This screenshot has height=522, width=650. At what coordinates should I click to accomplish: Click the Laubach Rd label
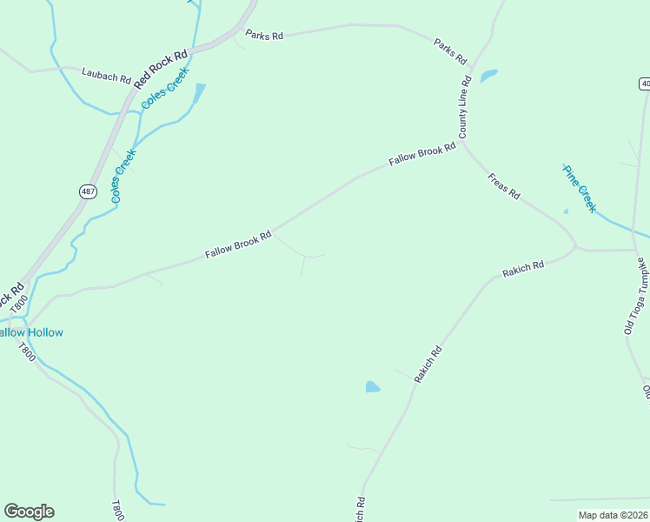(x=106, y=75)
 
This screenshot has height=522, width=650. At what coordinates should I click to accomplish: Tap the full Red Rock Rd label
(x=162, y=68)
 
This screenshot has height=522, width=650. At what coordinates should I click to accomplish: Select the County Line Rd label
(x=464, y=107)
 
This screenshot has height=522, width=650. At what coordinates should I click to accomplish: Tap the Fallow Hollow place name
(x=31, y=332)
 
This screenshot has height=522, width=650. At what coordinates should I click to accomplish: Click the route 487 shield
(x=88, y=191)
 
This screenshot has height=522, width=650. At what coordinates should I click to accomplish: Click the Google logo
(x=29, y=512)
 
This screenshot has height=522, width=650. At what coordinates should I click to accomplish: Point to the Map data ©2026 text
(x=613, y=515)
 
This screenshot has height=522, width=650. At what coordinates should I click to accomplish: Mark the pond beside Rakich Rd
(x=373, y=386)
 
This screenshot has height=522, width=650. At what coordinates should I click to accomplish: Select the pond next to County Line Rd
(x=488, y=76)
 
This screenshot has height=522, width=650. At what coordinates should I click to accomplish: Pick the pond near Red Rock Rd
(x=200, y=92)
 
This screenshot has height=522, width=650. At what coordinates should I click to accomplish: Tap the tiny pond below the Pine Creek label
(x=566, y=211)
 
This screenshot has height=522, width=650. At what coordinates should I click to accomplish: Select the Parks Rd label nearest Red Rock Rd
(x=264, y=36)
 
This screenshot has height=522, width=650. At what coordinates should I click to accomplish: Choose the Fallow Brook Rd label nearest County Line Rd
(x=422, y=155)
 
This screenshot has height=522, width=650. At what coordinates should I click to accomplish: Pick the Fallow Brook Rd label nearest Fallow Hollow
(x=238, y=244)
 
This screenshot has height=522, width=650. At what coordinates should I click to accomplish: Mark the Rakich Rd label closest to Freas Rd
(x=523, y=269)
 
